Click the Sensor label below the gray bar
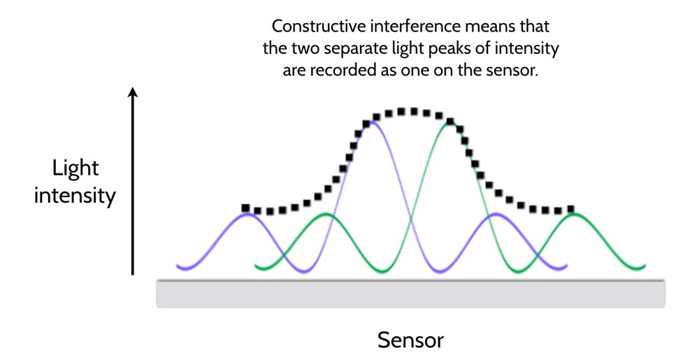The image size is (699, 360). (x=410, y=340)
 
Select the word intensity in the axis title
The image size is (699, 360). (x=75, y=196)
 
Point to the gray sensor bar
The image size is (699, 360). (x=410, y=294)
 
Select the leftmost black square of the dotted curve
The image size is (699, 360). (x=245, y=208)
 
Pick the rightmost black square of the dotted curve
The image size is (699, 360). (x=570, y=209)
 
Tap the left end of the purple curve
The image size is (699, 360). (x=178, y=266)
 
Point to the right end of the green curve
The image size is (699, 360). (x=644, y=266)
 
